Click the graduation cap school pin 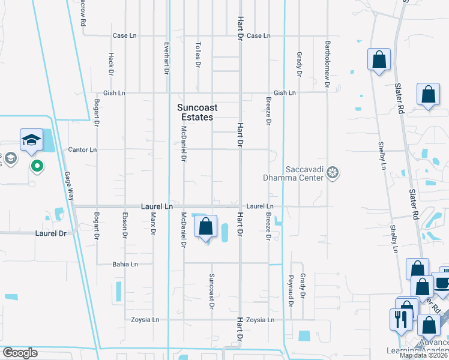tap(31, 141)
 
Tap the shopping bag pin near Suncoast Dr tap(205, 227)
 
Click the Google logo tap(20, 353)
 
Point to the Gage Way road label tap(70, 185)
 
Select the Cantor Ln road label tap(82, 150)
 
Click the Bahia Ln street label tap(125, 264)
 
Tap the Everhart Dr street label tap(167, 58)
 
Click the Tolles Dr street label tap(197, 54)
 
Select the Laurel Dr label tap(50, 233)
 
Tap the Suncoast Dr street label tap(211, 291)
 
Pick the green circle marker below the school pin tap(37, 166)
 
